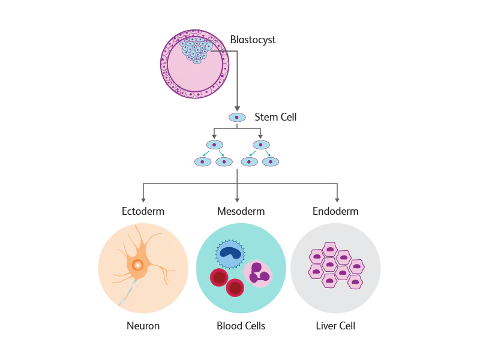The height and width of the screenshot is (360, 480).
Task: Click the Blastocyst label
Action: (x=253, y=40)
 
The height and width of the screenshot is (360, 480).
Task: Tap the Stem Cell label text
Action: (x=275, y=117)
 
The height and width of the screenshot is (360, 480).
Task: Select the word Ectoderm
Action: (x=143, y=211)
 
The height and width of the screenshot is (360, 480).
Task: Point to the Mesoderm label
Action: (x=241, y=211)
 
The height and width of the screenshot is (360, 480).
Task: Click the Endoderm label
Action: (x=335, y=211)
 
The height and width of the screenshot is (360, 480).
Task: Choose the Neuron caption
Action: (x=143, y=326)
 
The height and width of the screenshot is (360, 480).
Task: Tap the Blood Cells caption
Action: (x=241, y=326)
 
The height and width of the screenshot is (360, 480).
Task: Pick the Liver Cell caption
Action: (x=335, y=326)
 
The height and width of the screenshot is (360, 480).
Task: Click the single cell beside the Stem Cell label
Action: (x=237, y=117)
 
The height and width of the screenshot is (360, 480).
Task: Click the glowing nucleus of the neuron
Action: (x=137, y=265)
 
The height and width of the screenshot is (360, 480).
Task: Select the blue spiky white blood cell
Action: (x=230, y=253)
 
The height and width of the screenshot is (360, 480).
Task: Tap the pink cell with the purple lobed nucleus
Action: (x=258, y=274)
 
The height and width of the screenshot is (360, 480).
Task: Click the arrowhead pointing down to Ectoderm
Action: (x=143, y=200)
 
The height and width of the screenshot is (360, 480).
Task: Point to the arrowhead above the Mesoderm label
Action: (x=237, y=200)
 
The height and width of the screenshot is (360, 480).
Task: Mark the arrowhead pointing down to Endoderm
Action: (x=337, y=200)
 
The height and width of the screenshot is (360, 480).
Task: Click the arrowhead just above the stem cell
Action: (x=237, y=109)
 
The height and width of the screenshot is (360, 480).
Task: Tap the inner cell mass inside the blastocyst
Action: (x=196, y=50)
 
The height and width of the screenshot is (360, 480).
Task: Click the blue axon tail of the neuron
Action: (x=128, y=292)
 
